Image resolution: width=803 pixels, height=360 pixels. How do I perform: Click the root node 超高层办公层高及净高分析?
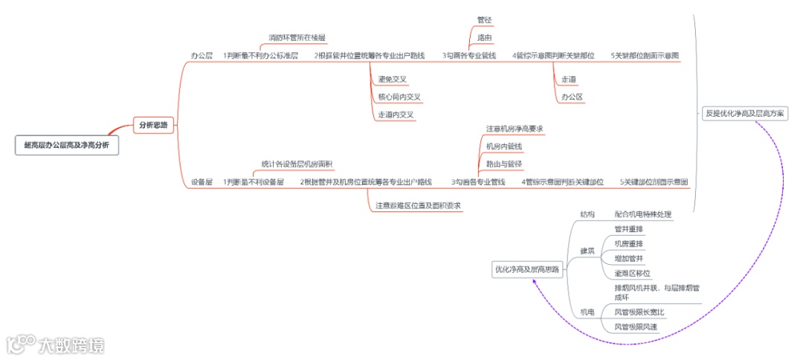pyautogui.click(x=65, y=146)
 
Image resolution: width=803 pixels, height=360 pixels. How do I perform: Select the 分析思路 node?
pyautogui.click(x=155, y=126)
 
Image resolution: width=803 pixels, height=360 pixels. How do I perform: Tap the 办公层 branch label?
pyautogui.click(x=202, y=56)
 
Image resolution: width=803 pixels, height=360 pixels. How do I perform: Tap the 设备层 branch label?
pyautogui.click(x=202, y=181)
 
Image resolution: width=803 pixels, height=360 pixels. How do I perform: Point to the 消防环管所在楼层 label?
pyautogui.click(x=297, y=37)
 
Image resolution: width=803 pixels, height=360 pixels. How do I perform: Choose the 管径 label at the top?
pyautogui.click(x=485, y=20)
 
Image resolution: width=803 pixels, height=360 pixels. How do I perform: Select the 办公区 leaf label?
pyautogui.click(x=572, y=97)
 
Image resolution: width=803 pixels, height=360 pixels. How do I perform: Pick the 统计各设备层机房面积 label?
pyautogui.click(x=297, y=164)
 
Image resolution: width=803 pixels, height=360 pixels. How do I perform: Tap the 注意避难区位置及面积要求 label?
pyautogui.click(x=419, y=205)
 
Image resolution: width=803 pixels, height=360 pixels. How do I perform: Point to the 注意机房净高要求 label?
pyautogui.click(x=515, y=129)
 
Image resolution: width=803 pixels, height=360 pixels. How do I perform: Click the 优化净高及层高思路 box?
pyautogui.click(x=526, y=269)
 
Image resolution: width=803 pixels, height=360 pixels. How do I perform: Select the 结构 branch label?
pyautogui.click(x=587, y=215)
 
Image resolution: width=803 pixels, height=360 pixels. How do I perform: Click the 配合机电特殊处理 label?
pyautogui.click(x=643, y=215)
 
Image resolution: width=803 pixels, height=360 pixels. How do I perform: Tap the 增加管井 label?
pyautogui.click(x=629, y=259)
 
